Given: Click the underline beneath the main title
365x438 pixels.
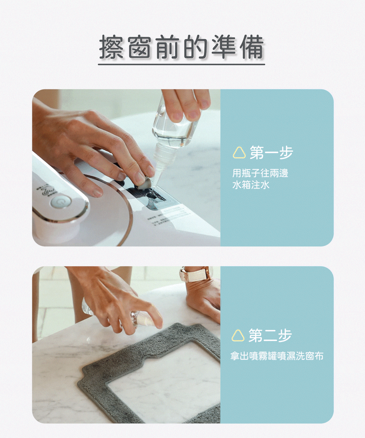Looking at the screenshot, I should (181, 64).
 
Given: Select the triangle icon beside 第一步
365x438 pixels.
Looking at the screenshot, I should (239, 153).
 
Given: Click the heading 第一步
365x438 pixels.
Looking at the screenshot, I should (271, 153).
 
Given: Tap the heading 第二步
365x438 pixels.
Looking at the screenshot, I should (270, 335).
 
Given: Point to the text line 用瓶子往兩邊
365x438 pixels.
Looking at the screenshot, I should (260, 174).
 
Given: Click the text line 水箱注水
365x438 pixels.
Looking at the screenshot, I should (251, 185).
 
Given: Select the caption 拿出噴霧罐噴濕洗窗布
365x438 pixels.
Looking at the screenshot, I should (277, 356).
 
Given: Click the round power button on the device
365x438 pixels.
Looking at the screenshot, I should (58, 202).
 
